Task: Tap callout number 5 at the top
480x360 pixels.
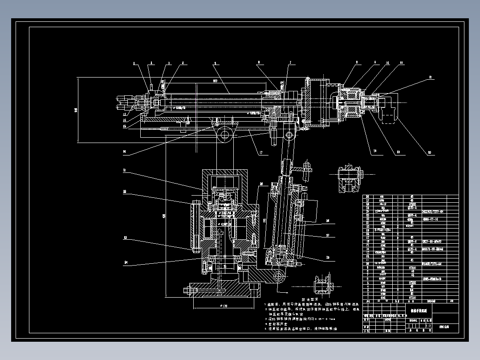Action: tap(215, 64)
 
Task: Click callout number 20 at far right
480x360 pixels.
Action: tap(430, 153)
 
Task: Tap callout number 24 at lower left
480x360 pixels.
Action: tap(126, 262)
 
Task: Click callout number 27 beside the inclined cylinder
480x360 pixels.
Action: tap(328, 235)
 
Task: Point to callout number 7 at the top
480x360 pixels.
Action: tap(290, 63)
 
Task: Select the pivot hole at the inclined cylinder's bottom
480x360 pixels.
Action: tap(280, 277)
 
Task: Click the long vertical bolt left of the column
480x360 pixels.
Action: tap(195, 225)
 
